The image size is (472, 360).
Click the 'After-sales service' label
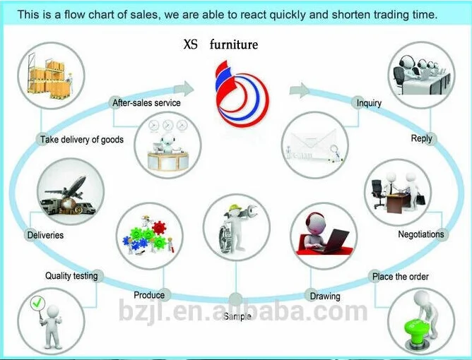[x=146, y=103]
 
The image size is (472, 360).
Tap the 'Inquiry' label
[x=369, y=103]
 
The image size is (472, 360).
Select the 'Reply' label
[x=421, y=138]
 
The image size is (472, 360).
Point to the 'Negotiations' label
[x=421, y=234]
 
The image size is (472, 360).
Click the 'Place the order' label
[x=400, y=277]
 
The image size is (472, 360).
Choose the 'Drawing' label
[x=324, y=296]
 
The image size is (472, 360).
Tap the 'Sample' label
[x=237, y=317]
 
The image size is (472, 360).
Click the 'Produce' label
[x=149, y=295]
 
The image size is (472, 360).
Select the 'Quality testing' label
[x=71, y=276]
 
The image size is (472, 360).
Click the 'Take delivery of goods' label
[x=82, y=140]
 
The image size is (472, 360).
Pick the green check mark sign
[x=37, y=305]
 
